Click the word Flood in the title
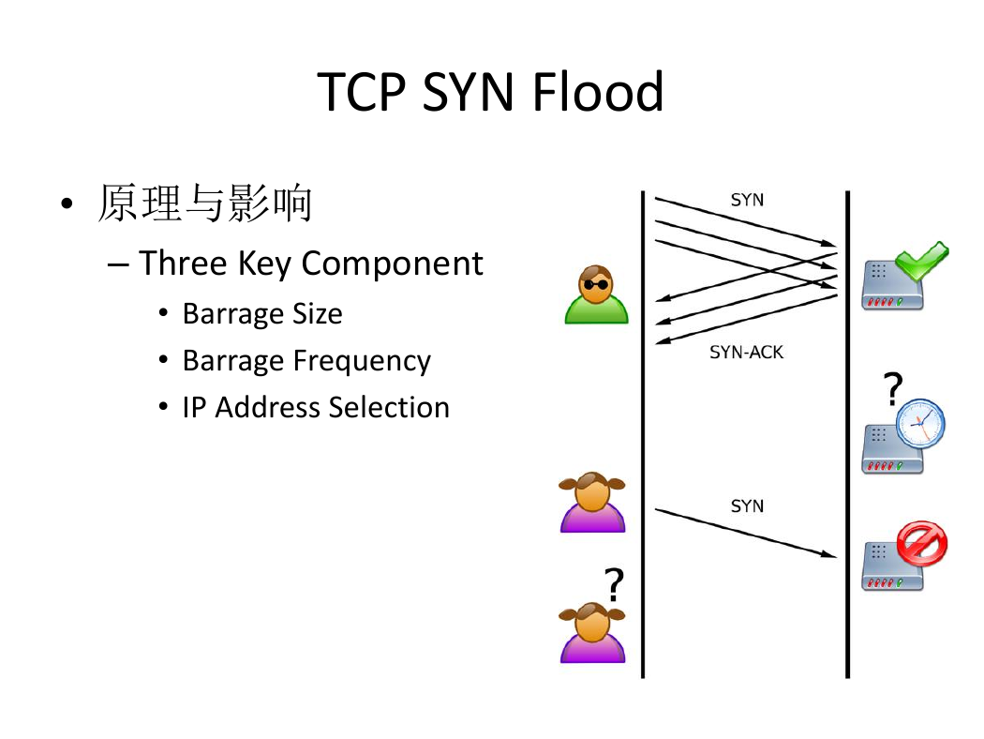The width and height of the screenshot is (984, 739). pos(598,92)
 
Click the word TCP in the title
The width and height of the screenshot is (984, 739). pos(362,92)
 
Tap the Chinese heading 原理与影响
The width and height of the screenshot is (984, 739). pos(205,203)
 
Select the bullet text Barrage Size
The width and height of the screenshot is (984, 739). pos(262,313)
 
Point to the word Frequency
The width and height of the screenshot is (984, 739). pos(362,360)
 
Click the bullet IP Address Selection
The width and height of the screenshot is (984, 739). pos(316,407)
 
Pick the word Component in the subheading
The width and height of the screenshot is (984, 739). pos(393,264)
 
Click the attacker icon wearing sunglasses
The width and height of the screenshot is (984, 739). pos(596,294)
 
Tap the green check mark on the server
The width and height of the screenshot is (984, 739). pos(921,261)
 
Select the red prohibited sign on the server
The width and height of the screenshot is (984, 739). pos(922,543)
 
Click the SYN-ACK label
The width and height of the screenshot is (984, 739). pos(746,353)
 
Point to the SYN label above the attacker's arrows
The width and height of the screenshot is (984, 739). pos(747,200)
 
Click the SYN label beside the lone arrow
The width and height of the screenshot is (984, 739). pos(747,506)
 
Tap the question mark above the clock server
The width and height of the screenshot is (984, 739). pos(892,388)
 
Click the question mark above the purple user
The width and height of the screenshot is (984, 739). pos(614,584)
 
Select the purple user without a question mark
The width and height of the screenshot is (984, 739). pos(592,503)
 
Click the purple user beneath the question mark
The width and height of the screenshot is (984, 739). pos(592,632)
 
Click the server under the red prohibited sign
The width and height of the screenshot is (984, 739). pos(892,567)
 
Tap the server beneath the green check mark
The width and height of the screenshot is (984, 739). pos(892,286)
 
